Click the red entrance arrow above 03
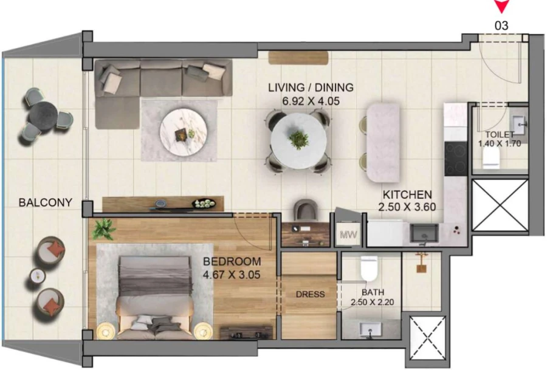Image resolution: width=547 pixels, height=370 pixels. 501,7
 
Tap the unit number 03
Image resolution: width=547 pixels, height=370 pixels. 501,26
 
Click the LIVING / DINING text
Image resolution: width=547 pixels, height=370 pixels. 311,87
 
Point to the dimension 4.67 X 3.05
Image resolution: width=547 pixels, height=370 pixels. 232,274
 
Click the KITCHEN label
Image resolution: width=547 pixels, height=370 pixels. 407,195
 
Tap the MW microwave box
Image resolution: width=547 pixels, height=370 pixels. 348,234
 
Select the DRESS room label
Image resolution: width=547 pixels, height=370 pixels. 311,295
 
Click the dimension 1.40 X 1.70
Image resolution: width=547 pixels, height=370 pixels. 500,144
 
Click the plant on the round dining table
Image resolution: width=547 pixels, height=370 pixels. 298,139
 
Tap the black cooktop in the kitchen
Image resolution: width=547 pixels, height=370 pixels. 455,158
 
